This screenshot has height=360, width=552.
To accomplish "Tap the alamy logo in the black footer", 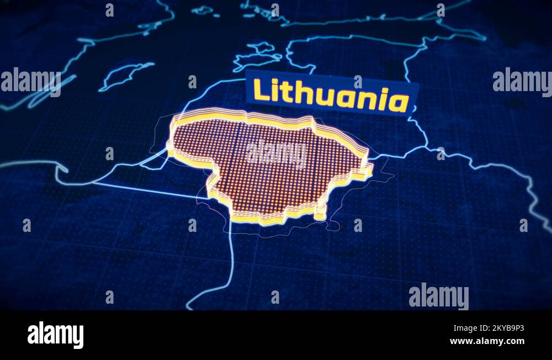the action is point(55,335).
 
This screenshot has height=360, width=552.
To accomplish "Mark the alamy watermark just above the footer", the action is point(438,297).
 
